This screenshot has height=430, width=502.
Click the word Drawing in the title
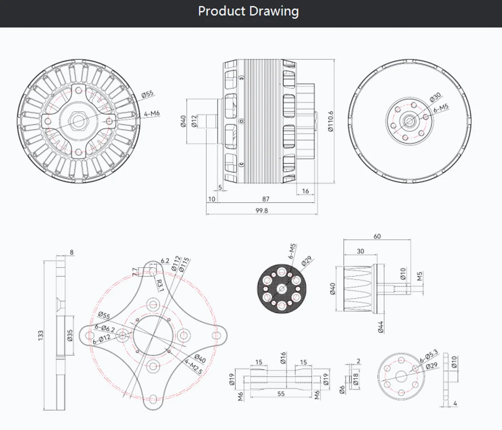point(274,11)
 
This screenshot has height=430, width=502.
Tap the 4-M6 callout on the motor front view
point(152,113)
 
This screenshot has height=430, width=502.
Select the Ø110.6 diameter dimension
point(330,122)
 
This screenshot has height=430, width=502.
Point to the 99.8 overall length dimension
point(261,210)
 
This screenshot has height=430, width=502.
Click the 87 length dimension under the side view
point(266,199)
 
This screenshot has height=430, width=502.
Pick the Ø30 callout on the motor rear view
point(436,97)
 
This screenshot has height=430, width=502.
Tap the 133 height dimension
point(41,335)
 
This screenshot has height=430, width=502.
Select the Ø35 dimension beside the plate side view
point(70,335)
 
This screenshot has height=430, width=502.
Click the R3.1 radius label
point(159,285)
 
